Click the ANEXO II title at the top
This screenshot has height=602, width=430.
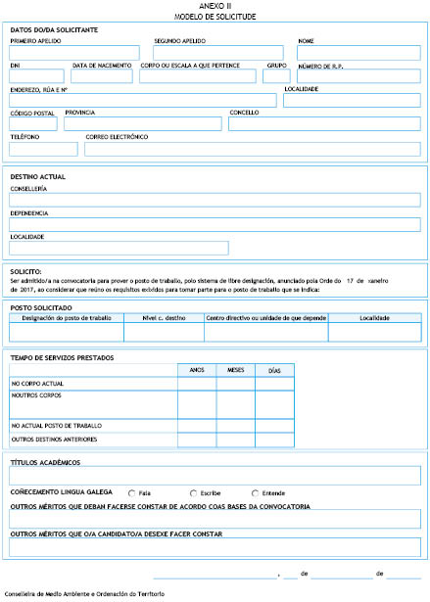[215, 6]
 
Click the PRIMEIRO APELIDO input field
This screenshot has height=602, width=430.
[77, 53]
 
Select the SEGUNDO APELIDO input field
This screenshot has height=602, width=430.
[217, 53]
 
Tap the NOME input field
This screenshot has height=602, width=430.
[358, 53]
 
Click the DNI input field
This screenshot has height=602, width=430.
[37, 76]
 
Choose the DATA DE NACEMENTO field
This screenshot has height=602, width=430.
[103, 76]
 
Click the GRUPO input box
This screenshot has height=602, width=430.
[277, 76]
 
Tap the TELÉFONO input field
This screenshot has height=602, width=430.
[43, 149]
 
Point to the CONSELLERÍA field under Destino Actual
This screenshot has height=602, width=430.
[215, 200]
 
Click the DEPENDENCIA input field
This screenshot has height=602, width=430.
[215, 224]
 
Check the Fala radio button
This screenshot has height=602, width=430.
[132, 492]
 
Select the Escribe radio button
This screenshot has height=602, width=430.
[192, 492]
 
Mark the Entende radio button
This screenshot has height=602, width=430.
[256, 492]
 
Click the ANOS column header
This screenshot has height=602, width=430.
[196, 370]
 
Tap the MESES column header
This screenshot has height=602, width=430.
[235, 370]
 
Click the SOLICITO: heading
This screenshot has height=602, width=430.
[25, 269]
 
